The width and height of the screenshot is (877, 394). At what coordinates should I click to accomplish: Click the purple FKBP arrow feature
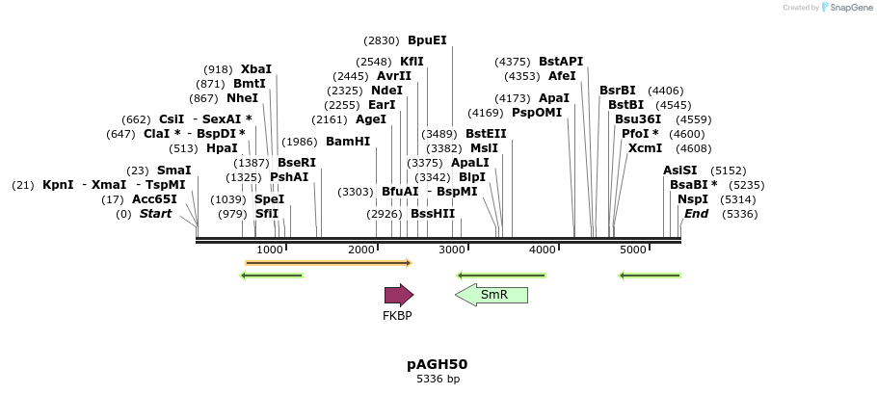[398, 295]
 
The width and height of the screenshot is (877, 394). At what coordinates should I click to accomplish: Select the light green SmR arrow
[492, 295]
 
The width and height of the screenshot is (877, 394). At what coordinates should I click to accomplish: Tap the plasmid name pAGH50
[438, 364]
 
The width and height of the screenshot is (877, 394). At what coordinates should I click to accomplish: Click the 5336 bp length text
[438, 380]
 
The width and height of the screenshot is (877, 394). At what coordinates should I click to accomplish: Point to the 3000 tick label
[452, 250]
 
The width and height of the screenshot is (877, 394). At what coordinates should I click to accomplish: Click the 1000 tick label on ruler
[270, 250]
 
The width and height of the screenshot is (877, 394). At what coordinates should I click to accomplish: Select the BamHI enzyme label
[348, 141]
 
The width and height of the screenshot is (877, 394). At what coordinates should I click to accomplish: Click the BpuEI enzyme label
[427, 40]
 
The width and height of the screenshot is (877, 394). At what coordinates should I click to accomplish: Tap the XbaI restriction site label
[256, 69]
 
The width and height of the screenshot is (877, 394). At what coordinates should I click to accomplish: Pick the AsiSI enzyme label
[679, 171]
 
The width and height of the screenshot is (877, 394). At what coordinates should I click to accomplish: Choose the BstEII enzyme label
[486, 134]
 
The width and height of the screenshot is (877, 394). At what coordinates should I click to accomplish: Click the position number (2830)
[381, 40]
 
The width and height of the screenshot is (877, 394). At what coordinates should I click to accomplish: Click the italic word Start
[155, 214]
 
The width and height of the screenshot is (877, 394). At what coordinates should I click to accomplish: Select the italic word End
[696, 214]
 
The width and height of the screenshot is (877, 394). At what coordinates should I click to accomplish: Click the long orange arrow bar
[329, 262]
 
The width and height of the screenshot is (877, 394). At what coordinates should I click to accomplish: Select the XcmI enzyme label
[645, 148]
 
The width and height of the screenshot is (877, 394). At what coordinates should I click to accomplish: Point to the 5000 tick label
[633, 250]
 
